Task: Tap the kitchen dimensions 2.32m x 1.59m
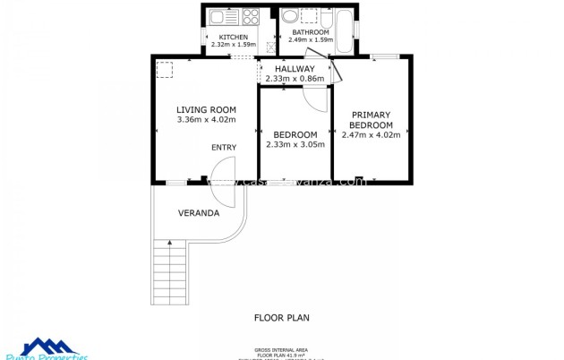233,44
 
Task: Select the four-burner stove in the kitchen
252,16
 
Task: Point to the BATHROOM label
310,31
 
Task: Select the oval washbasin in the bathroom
290,16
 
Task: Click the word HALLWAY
295,69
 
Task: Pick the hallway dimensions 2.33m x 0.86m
295,79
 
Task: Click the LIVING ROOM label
206,109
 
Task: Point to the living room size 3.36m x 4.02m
206,119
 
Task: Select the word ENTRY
224,147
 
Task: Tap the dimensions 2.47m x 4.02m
371,135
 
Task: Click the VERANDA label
199,213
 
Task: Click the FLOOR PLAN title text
282,317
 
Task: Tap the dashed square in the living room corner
165,68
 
